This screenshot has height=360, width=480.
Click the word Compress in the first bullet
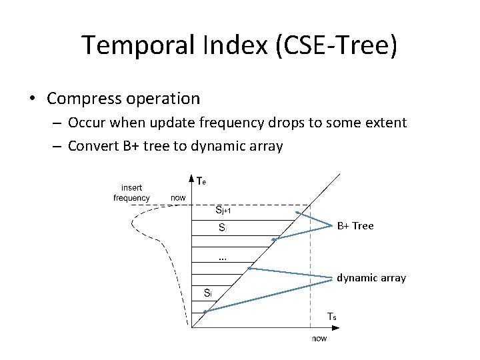(x=80, y=99)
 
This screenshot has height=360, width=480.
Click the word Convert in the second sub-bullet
(x=95, y=145)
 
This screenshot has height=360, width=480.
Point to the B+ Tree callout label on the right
(x=355, y=226)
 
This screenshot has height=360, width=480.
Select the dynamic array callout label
(x=371, y=277)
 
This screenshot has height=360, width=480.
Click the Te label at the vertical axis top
(x=201, y=180)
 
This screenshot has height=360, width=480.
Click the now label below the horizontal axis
(x=320, y=338)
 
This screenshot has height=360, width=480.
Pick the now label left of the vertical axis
(x=178, y=197)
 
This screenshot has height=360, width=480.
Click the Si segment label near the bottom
(x=207, y=293)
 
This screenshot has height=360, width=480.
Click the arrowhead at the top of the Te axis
(x=191, y=177)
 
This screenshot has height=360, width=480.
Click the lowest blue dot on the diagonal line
(x=205, y=311)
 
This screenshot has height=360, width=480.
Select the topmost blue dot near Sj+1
(x=297, y=213)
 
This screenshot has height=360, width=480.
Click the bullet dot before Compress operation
(x=32, y=99)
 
